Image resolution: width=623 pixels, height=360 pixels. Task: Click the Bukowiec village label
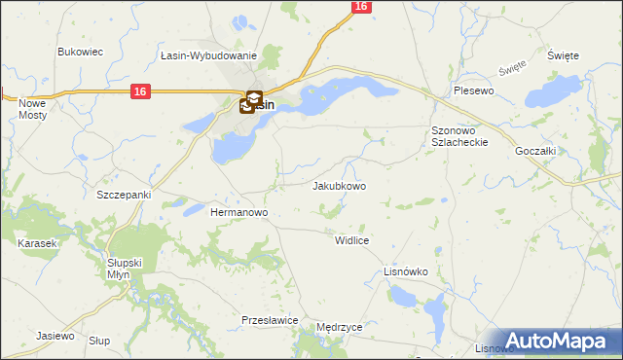81,52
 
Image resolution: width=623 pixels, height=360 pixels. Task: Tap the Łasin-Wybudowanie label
209,57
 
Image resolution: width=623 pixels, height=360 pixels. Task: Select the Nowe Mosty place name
33,109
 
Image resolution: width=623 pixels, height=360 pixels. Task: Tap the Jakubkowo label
339,186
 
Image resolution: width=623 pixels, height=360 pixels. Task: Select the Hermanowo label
239,211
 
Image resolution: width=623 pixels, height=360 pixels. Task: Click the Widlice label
350,239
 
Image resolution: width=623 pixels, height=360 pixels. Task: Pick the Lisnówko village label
406,272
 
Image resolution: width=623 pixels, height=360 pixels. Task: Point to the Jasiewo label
55,336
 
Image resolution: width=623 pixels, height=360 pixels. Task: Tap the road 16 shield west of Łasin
141,90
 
